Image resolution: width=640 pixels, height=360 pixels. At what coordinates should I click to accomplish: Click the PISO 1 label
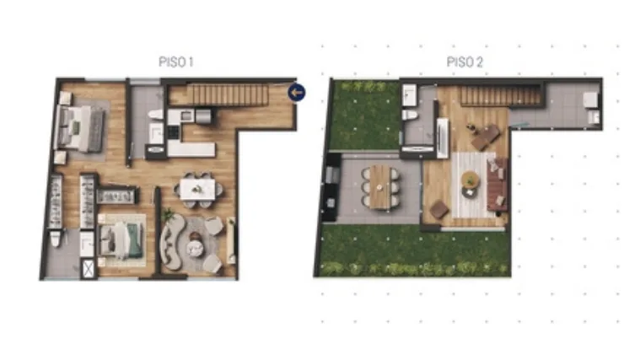pos(176,62)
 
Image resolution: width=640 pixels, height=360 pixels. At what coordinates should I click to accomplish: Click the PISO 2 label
pos(465,62)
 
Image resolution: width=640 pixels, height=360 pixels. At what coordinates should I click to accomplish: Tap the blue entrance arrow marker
pos(297,93)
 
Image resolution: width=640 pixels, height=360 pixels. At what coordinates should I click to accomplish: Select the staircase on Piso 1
pos(230,94)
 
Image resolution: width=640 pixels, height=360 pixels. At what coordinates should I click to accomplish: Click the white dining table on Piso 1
pos(197,190)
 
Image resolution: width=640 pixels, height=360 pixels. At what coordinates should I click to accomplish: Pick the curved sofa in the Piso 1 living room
pos(171,242)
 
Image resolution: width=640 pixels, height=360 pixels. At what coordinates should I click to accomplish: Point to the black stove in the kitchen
pos(174,132)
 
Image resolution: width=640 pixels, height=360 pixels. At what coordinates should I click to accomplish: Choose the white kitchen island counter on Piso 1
pos(191,149)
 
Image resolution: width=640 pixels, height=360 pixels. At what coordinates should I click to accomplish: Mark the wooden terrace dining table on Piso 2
pos(380,187)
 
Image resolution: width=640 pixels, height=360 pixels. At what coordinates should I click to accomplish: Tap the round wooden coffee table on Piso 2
pos(471,180)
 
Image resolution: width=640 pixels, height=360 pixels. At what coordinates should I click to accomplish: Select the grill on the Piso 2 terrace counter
pos(332,175)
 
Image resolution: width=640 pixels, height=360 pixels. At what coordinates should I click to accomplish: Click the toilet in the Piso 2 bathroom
pos(410,116)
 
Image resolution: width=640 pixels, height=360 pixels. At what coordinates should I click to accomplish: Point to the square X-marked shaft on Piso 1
pos(89,269)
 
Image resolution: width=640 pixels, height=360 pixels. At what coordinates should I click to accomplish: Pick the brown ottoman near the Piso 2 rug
pos(439,209)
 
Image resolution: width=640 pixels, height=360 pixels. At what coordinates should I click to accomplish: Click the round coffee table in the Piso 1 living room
pos(195,249)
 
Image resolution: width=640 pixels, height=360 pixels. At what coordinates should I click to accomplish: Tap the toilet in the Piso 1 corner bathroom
pos(56,239)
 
